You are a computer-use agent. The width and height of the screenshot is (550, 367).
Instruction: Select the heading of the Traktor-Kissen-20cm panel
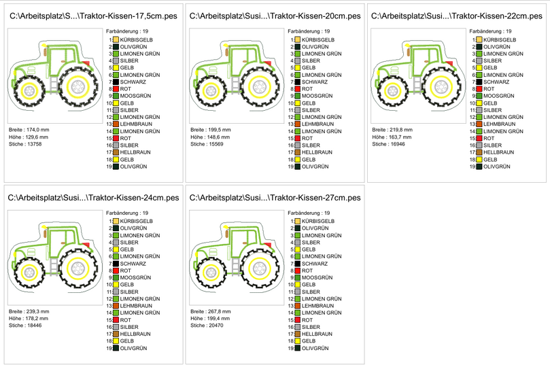275,16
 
